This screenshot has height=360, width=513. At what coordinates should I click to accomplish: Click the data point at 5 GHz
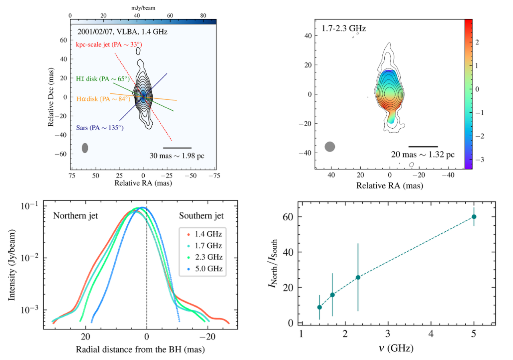tap(474, 216)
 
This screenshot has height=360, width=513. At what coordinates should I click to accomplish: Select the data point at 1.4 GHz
tap(319, 307)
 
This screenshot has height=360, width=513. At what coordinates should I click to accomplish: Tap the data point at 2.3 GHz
tap(358, 277)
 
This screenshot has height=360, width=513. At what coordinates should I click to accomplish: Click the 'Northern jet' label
tap(76, 216)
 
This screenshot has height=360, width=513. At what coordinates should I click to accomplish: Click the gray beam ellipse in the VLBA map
tap(85, 148)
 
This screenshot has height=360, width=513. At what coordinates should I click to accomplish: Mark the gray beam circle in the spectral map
tap(330, 147)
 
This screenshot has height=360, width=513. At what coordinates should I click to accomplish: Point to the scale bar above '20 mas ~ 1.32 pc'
tap(423, 146)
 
